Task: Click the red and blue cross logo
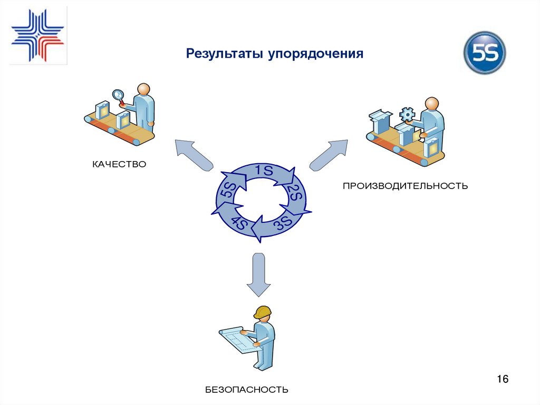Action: (37, 35)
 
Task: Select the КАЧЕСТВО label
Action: (119, 165)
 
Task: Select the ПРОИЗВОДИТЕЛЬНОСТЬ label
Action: (405, 186)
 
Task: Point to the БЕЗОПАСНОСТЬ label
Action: (247, 390)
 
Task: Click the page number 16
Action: (502, 379)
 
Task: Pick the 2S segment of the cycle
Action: (294, 194)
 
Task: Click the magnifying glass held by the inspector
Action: (118, 96)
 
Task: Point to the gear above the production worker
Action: (407, 114)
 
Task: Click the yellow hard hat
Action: (262, 312)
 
